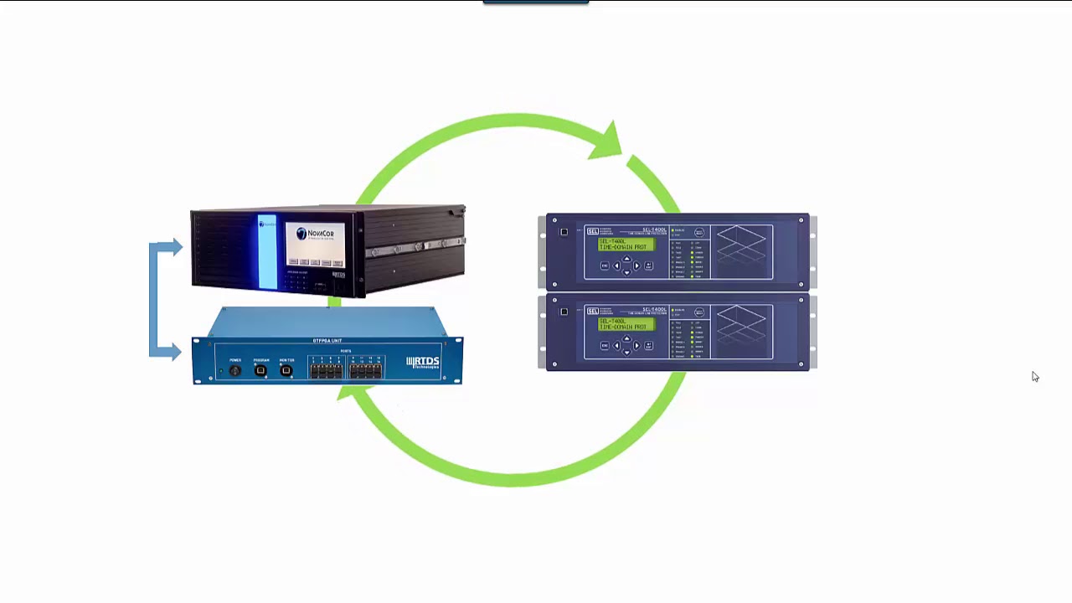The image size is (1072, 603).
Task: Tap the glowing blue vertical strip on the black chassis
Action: pyautogui.click(x=267, y=252)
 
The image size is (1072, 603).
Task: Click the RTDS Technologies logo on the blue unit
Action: pyautogui.click(x=423, y=362)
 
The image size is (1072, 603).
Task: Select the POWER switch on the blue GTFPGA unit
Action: pyautogui.click(x=235, y=370)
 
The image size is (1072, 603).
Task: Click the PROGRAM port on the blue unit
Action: pyautogui.click(x=261, y=370)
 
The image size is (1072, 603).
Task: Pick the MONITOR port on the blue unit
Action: pyautogui.click(x=286, y=370)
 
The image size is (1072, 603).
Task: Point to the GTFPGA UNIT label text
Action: pyautogui.click(x=327, y=341)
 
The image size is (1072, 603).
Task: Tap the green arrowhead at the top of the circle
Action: pyautogui.click(x=606, y=141)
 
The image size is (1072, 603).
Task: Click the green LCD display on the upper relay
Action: pyautogui.click(x=626, y=244)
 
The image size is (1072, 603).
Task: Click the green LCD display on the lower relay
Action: pyautogui.click(x=626, y=323)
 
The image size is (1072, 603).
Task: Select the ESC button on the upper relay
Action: pyautogui.click(x=605, y=265)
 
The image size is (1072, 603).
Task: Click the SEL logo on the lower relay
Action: pyautogui.click(x=592, y=311)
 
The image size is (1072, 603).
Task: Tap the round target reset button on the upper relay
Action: pyautogui.click(x=699, y=233)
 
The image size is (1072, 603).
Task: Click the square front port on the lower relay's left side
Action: pyautogui.click(x=564, y=312)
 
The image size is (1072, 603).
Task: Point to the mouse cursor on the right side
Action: pyautogui.click(x=1034, y=376)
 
